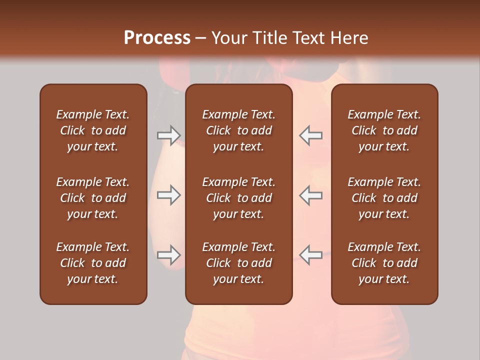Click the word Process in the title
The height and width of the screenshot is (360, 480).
[x=157, y=37]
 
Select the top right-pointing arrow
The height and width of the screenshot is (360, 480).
[x=169, y=135]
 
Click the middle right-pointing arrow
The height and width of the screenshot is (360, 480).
[x=169, y=195]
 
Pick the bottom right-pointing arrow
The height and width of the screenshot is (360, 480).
[x=169, y=255]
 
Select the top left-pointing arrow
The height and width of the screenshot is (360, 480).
[x=311, y=135]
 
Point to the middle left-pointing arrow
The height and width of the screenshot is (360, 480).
[x=311, y=195]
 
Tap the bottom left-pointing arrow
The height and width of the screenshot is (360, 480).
[x=311, y=255]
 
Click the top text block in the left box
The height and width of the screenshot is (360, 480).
[x=93, y=130]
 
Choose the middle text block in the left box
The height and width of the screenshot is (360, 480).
[x=93, y=198]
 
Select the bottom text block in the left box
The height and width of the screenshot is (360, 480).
[x=93, y=263]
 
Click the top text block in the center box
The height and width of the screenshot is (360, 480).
[x=239, y=130]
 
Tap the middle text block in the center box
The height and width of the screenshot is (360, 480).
[x=239, y=198]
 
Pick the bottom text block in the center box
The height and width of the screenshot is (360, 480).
[x=239, y=263]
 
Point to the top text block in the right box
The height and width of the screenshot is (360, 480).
[x=384, y=130]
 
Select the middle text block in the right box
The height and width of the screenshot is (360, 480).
[x=384, y=198]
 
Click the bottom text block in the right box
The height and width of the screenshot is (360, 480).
[x=384, y=263]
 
